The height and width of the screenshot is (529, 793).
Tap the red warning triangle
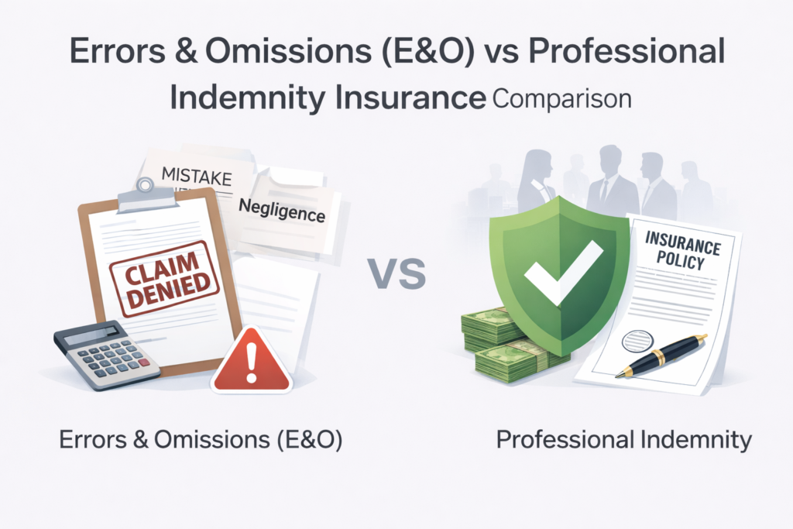[252, 361]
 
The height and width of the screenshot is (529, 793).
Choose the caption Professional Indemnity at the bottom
[624, 440]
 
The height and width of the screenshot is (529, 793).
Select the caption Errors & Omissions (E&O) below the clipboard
[201, 440]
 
